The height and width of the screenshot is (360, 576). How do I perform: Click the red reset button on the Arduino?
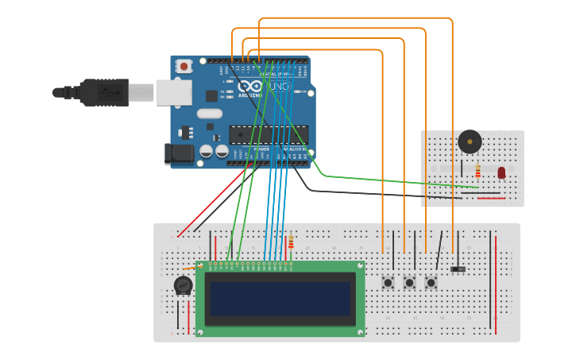184,67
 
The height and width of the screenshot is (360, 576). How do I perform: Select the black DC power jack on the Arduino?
178,154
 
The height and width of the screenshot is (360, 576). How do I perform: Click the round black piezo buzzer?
470,142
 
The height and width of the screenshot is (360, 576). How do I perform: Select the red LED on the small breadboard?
501,172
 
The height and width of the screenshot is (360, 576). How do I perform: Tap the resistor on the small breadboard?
477,171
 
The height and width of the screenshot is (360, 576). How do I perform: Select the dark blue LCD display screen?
280,298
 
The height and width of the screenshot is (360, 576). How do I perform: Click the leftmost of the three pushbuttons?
389,283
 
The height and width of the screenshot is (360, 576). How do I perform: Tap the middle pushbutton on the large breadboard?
410,283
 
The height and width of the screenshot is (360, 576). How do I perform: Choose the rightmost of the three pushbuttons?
431,283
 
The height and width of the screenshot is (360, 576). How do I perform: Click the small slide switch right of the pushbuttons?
458,269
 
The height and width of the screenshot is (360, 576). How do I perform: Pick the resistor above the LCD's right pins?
291,242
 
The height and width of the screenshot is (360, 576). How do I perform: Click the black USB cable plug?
103,92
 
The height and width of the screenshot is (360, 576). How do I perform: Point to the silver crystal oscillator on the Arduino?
210,114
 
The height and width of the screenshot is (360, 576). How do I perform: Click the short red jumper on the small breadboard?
491,198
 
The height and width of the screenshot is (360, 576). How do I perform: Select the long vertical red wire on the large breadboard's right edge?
496,282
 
